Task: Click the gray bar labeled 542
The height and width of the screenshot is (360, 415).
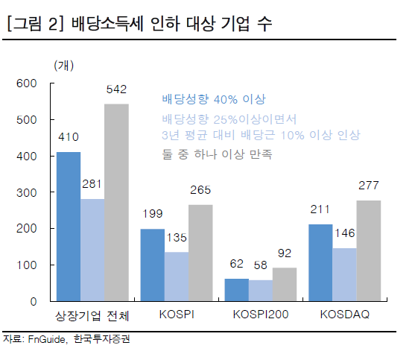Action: [x=116, y=203]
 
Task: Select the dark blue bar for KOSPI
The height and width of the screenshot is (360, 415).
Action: [x=153, y=265]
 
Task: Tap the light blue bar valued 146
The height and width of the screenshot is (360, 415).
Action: [x=344, y=275]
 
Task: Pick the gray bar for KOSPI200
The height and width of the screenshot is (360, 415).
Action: [x=284, y=285]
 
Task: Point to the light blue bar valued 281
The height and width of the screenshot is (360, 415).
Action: [x=92, y=250]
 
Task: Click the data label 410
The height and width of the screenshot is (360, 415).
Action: [x=69, y=137]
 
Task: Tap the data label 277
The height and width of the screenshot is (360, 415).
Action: [x=369, y=186]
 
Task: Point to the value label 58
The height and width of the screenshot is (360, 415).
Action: [x=260, y=265]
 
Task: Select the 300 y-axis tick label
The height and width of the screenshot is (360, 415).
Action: [x=27, y=192]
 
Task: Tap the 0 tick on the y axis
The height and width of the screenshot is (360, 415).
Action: [x=34, y=302]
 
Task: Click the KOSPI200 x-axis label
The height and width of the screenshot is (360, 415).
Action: [x=260, y=316]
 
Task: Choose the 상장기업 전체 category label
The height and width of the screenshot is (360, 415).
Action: [x=92, y=316]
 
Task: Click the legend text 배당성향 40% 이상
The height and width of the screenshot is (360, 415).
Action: [x=213, y=99]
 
